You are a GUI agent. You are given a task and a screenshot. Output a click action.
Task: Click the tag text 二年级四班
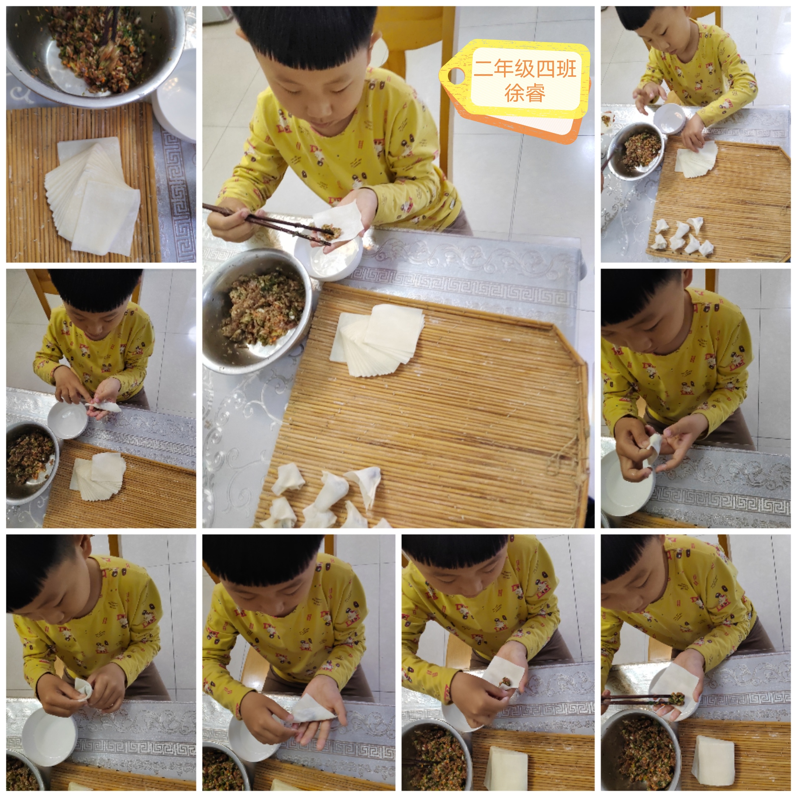pyautogui.click(x=525, y=69)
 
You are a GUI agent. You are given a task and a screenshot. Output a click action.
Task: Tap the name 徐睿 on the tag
pyautogui.click(x=525, y=93)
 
